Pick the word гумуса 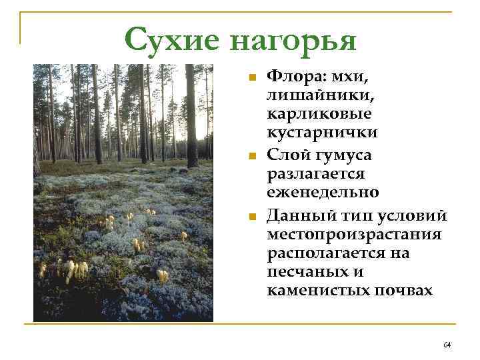click(x=348, y=155)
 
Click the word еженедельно click(x=323, y=193)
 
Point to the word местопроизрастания click(x=354, y=235)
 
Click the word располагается click(x=338, y=253)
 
